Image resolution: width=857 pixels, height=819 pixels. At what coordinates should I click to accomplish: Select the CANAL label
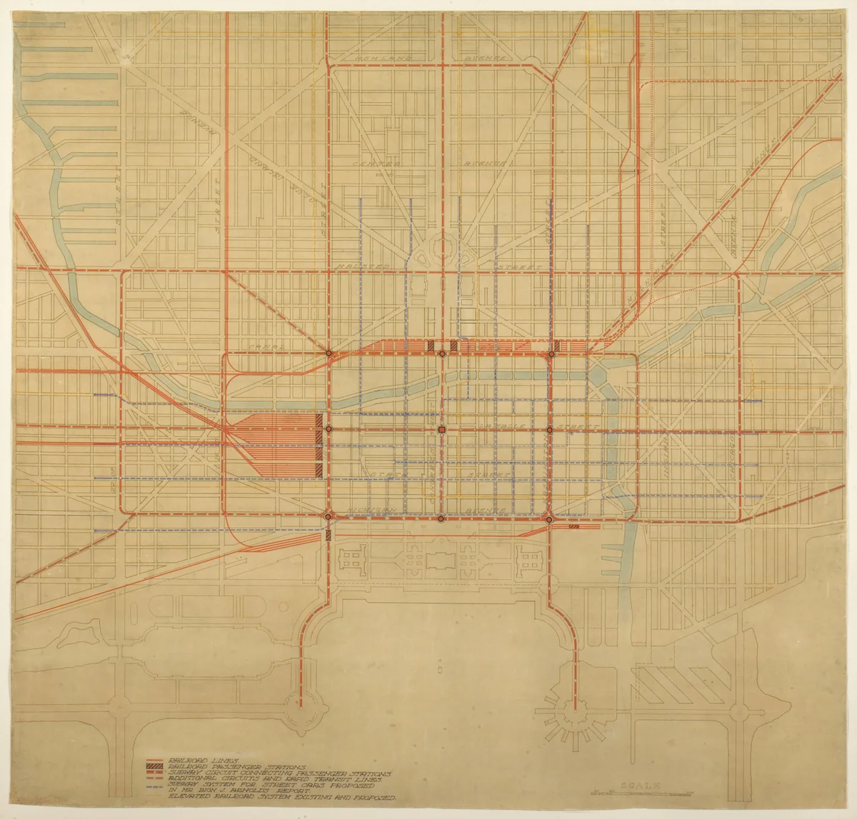coord(261,346)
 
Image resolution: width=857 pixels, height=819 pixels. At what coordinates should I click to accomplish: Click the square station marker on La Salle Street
coord(442,429)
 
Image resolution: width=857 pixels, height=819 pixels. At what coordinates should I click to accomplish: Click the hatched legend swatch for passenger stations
coord(155,767)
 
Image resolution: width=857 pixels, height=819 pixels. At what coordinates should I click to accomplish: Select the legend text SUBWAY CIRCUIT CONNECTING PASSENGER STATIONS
coord(279,773)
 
